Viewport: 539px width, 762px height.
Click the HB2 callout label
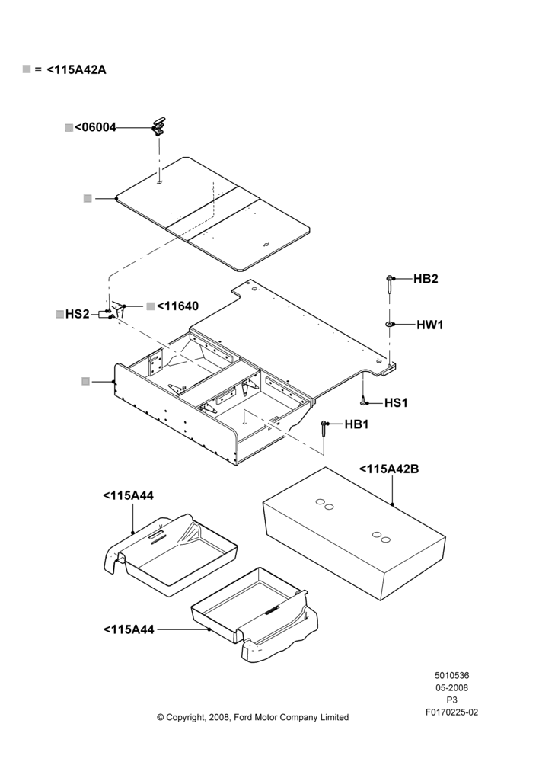coord(426,278)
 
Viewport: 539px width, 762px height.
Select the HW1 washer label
coord(429,325)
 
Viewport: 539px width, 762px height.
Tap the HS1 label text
coord(396,403)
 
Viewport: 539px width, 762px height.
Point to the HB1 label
coord(356,424)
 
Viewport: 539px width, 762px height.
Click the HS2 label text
coord(77,314)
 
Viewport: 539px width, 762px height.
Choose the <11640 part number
coord(177,306)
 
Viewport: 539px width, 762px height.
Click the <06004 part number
coord(96,127)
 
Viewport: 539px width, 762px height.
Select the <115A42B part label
coord(389,469)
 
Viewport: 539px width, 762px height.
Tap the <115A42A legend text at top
coord(76,69)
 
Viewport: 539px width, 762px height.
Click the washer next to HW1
coord(390,324)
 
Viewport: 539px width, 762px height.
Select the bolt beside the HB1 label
coord(324,429)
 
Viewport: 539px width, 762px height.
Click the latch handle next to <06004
coord(159,126)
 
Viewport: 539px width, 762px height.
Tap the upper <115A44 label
coord(128,496)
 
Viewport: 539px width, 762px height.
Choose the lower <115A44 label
coord(129,630)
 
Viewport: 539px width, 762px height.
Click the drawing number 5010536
coord(451,675)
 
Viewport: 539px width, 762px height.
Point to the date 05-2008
coord(451,687)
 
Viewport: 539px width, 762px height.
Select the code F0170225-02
coord(451,712)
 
